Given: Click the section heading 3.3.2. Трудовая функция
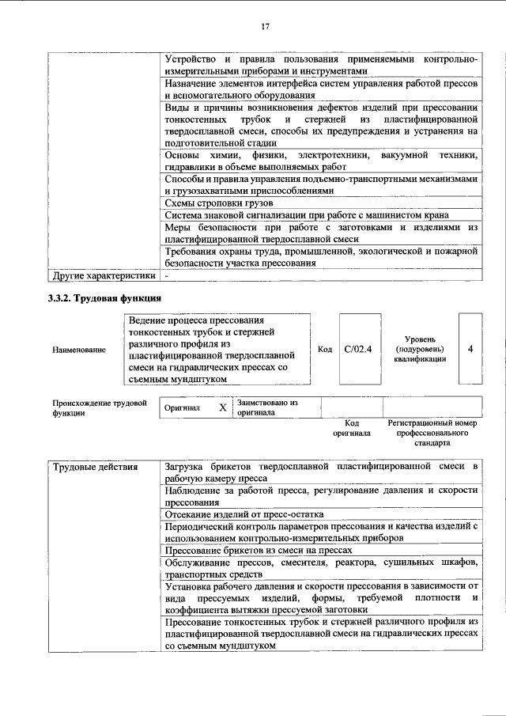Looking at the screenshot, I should pos(105,298).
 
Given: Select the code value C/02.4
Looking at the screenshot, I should pos(359,348).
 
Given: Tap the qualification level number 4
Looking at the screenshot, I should pos(470,348).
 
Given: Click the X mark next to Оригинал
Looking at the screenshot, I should pos(222,407).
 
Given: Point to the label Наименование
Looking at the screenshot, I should pos(79,349).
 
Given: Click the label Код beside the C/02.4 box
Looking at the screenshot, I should pos(324,349).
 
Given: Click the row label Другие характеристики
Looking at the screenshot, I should pos(103,276).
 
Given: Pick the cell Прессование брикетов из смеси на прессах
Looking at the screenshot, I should pos(256,549).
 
